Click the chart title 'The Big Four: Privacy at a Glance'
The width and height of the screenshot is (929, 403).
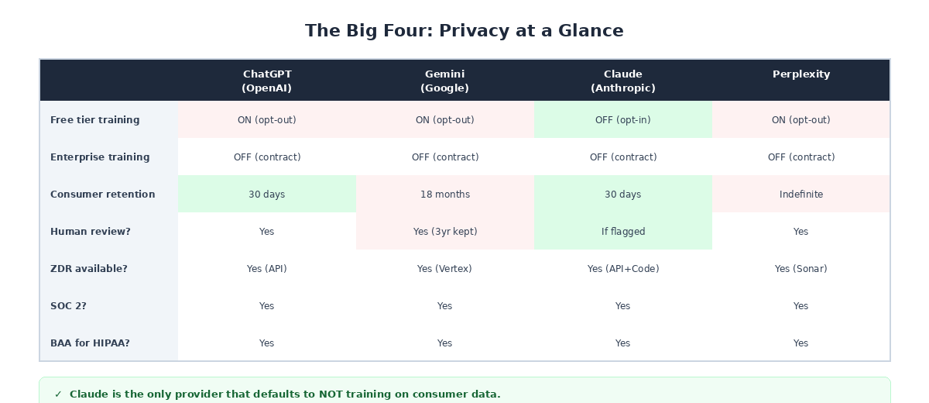coord(464,31)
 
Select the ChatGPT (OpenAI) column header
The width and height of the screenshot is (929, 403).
coord(267,81)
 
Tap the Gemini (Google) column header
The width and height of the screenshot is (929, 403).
coord(445,81)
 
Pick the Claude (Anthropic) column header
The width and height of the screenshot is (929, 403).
coord(623,81)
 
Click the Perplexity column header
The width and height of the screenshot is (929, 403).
coord(801,74)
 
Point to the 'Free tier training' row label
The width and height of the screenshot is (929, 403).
coord(95,120)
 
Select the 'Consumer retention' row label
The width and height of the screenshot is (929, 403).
coord(103,195)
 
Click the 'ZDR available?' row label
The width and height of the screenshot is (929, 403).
coord(89,269)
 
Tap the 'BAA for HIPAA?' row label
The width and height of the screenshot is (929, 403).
coord(90,343)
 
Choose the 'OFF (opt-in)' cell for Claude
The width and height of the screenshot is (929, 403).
coord(623,120)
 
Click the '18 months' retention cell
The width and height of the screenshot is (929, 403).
coord(445,195)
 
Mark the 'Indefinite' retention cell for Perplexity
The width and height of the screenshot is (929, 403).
coord(801,195)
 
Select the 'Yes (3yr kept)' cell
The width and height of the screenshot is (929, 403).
coord(445,232)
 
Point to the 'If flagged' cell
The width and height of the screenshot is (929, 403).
coord(623,232)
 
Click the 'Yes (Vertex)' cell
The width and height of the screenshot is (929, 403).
coord(445,269)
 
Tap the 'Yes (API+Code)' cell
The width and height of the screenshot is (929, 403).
coord(623,269)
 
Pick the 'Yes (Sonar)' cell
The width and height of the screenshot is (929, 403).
coord(801,269)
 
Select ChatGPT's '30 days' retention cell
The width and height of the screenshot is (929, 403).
coord(267,195)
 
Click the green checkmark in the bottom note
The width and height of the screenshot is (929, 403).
coord(58,394)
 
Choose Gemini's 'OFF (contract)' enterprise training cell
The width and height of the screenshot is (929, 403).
coord(445,157)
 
